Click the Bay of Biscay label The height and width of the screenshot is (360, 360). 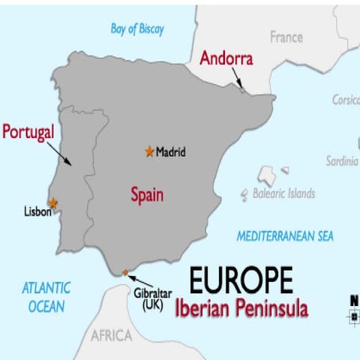[137, 29]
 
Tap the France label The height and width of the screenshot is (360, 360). [286, 37]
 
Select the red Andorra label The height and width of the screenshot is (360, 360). [226, 58]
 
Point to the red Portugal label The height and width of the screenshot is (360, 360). [28, 132]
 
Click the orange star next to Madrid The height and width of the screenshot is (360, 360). [149, 151]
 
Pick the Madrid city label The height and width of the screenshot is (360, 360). [171, 152]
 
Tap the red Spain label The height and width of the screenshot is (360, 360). [147, 195]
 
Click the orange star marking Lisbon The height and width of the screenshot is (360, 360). [52, 202]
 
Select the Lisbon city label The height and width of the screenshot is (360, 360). [37, 212]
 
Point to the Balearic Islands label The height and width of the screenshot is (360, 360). [283, 193]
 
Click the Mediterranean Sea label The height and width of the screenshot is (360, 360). [285, 236]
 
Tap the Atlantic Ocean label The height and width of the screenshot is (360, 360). [46, 296]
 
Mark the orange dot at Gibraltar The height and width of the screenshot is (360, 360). [125, 272]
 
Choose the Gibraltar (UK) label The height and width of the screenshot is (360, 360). [153, 299]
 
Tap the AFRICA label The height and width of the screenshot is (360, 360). [111, 335]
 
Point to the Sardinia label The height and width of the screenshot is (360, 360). [342, 161]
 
